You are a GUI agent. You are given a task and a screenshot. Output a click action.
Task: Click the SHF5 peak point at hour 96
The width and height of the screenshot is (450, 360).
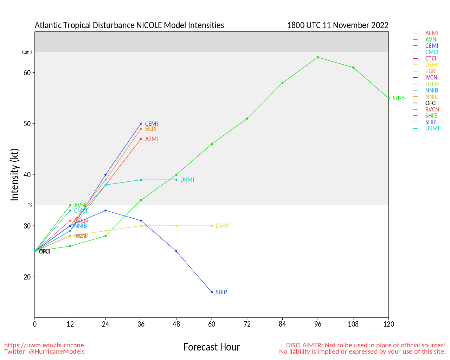[318, 57]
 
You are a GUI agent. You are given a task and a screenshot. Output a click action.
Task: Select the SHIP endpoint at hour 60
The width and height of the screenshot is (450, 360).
[212, 292]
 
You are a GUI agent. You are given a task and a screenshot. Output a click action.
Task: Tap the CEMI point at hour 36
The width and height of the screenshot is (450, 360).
[141, 124]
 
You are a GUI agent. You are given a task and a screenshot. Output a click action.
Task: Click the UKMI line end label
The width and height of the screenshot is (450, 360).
[187, 180]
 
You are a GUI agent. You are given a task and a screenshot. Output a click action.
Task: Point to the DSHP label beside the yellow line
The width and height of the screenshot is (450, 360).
[222, 226]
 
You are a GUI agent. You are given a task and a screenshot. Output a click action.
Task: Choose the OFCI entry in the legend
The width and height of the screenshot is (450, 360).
[431, 103]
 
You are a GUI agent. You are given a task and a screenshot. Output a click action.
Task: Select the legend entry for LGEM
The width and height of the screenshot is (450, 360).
[432, 84]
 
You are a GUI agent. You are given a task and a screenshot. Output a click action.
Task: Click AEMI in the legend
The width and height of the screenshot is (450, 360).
[431, 33]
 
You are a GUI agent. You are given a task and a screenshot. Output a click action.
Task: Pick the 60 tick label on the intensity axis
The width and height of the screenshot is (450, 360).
[27, 73]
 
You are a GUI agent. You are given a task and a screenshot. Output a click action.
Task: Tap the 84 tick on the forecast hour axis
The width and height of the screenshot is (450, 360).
[282, 324]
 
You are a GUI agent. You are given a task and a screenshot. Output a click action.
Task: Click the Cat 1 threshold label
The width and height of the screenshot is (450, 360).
[27, 52]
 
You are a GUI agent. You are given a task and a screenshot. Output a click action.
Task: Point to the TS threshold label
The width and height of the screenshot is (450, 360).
[30, 205]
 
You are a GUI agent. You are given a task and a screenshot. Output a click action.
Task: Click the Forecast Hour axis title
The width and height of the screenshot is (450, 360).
[211, 347]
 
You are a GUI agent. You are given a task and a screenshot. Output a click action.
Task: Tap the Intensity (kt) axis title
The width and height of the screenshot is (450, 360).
[14, 175]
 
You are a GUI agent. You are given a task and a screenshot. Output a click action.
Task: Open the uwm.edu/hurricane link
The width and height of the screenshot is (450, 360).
[44, 345]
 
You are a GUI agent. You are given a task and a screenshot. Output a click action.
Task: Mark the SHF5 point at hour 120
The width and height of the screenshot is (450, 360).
[388, 98]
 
